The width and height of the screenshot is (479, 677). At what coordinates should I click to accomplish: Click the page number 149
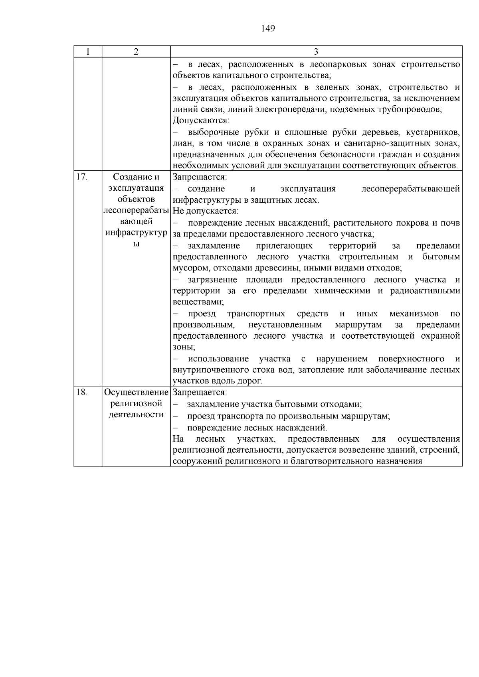268,28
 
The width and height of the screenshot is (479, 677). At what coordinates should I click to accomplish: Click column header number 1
88,52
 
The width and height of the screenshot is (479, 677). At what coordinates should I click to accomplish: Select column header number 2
136,52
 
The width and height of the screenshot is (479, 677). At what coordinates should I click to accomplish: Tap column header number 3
316,52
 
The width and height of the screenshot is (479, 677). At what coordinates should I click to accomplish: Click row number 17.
81,177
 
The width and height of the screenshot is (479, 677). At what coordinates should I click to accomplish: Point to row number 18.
81,392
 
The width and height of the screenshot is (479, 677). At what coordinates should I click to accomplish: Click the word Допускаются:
200,120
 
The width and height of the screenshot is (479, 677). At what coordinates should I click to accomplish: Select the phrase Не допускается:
206,211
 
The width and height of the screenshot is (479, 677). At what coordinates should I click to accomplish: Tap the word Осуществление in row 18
136,393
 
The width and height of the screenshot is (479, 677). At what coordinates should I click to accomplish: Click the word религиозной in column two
136,403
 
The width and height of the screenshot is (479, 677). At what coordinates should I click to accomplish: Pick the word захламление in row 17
214,246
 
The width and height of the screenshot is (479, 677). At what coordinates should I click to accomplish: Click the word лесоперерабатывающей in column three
410,189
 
